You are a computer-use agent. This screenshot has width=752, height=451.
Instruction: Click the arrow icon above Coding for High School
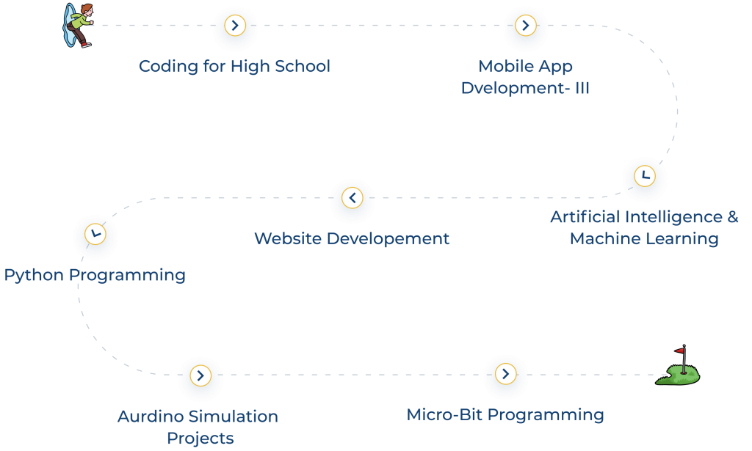pos(234,26)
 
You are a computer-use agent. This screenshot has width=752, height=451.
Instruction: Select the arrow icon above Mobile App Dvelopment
pos(525,26)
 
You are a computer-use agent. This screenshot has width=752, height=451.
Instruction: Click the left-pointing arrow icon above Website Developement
pos(352,198)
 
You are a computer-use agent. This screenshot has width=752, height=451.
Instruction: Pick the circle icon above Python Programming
pos(95,235)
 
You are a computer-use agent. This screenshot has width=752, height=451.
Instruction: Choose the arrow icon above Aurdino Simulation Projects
pos(200,376)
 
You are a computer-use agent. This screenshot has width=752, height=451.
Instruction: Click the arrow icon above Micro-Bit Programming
pos(505,373)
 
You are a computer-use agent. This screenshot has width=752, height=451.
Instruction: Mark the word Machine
pos(601,239)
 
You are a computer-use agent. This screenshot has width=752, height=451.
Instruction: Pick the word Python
pos(33,276)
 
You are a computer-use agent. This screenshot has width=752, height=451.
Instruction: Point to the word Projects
pos(200,439)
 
